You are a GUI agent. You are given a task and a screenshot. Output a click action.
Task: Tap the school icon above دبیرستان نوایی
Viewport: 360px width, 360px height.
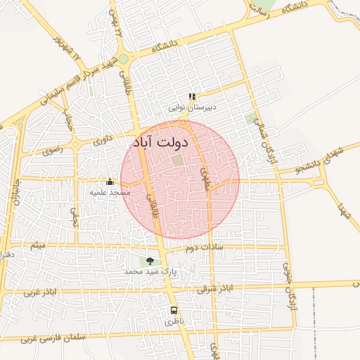click(192, 97)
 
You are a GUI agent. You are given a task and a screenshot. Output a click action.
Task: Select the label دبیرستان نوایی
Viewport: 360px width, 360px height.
click(192, 108)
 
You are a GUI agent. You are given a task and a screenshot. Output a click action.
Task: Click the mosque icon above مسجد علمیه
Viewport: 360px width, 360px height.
click(109, 181)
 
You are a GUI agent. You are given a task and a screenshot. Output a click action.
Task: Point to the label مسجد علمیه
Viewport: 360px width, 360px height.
click(110, 192)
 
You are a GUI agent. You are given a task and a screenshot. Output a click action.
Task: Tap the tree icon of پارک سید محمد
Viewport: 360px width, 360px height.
click(150, 261)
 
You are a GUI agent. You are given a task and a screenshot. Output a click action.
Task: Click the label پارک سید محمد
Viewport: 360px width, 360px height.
click(150, 271)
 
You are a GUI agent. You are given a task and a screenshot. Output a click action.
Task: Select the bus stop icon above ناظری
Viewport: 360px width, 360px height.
click(174, 310)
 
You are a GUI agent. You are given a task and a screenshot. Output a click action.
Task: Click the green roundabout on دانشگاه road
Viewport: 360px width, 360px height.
click(124, 59)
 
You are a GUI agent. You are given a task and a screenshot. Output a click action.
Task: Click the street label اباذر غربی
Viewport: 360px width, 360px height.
click(39, 291)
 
